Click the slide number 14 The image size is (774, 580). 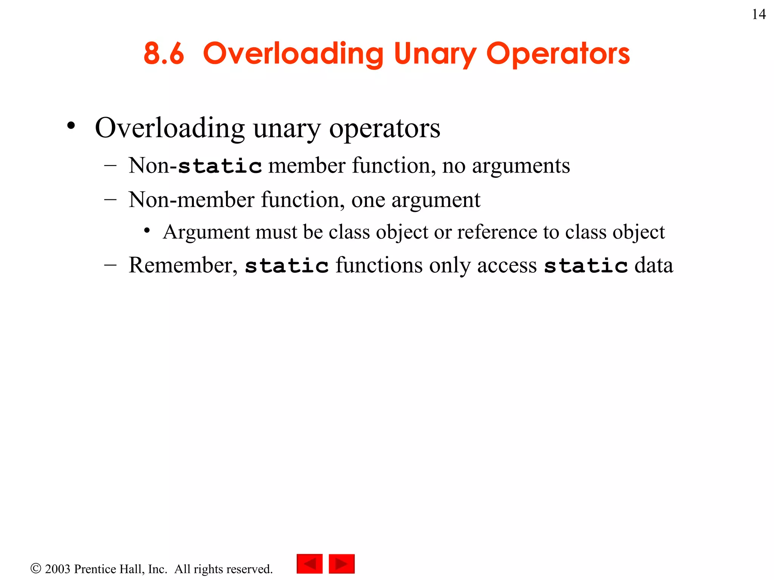pos(759,15)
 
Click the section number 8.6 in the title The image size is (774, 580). pos(164,54)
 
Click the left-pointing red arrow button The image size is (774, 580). pos(310,564)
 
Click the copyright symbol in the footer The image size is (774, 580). pos(36,568)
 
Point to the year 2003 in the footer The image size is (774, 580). pos(58,569)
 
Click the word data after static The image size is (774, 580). pos(654,265)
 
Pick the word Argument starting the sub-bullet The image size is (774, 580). pos(206,233)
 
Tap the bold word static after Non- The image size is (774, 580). pos(220,166)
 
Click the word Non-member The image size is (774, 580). pos(191,200)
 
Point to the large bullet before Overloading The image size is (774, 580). pos(71,126)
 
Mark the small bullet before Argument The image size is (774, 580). pos(147,230)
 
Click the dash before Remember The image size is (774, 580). pos(110,265)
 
